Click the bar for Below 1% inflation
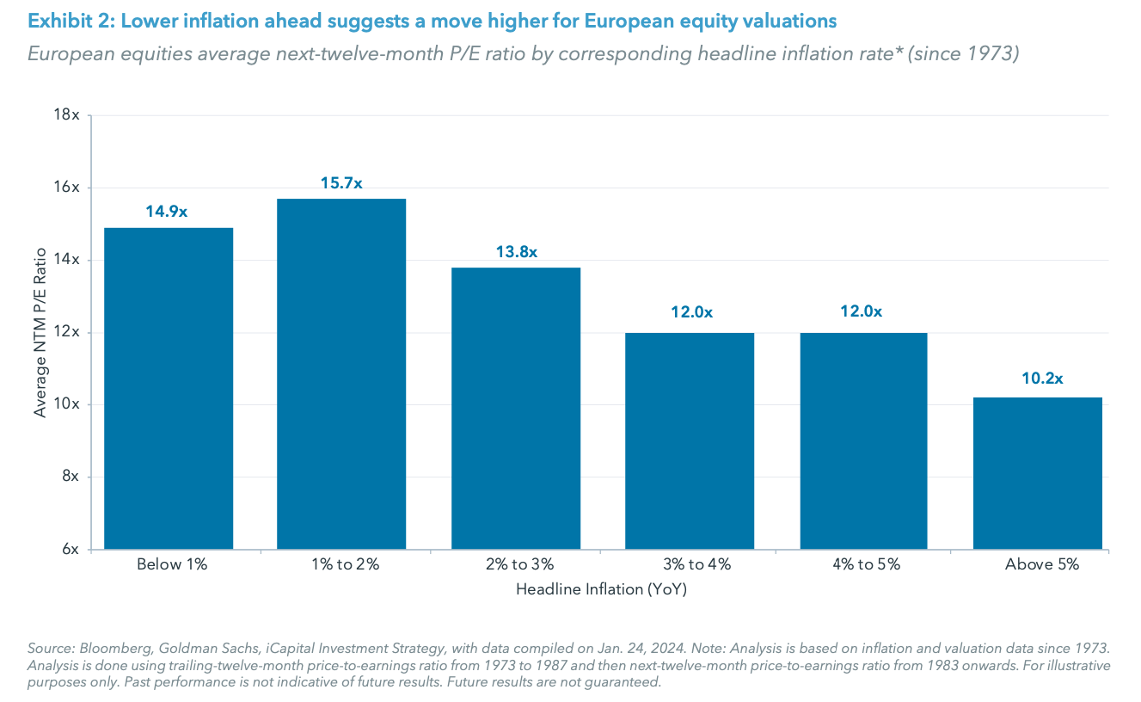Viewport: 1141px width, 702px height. [169, 388]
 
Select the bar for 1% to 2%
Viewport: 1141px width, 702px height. [341, 373]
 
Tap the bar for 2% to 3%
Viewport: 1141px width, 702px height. [516, 408]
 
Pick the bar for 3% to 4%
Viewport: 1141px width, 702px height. [690, 440]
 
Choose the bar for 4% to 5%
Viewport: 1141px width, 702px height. [863, 440]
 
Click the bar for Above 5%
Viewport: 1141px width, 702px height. [1037, 473]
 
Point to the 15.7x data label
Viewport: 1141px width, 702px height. [341, 183]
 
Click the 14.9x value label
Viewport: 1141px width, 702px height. [169, 212]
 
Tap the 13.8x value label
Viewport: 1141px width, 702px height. [516, 252]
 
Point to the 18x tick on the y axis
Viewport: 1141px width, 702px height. [68, 115]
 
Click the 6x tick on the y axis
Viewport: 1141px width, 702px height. [71, 549]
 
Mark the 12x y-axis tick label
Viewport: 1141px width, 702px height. [68, 332]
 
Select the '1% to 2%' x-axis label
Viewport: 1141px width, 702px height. [342, 565]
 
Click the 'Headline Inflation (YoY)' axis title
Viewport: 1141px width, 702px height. [601, 590]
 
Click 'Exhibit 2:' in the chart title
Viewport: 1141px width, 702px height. [64, 20]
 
